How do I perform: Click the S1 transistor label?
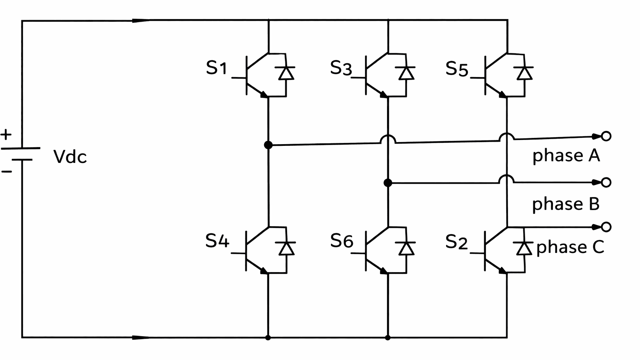[x=216, y=68]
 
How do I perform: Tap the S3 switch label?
[x=340, y=68]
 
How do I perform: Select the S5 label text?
[x=457, y=69]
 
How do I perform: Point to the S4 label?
[x=217, y=241]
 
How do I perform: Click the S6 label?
[x=341, y=241]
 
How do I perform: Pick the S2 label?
[x=457, y=242]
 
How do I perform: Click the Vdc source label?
[x=70, y=157]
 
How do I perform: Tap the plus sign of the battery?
[x=6, y=135]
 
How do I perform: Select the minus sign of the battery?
[x=6, y=171]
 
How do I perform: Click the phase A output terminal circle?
[x=606, y=136]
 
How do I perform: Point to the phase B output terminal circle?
[x=606, y=182]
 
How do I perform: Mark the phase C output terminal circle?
[x=606, y=227]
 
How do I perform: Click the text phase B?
[x=565, y=204]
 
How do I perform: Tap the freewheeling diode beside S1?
[x=286, y=73]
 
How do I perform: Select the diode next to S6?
[x=406, y=248]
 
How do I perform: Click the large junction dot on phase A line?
[x=268, y=145]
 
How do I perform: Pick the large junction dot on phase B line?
[x=388, y=182]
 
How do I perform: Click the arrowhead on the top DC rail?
[x=141, y=20]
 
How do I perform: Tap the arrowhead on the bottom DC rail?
[x=141, y=337]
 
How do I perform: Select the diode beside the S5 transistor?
[x=524, y=73]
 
